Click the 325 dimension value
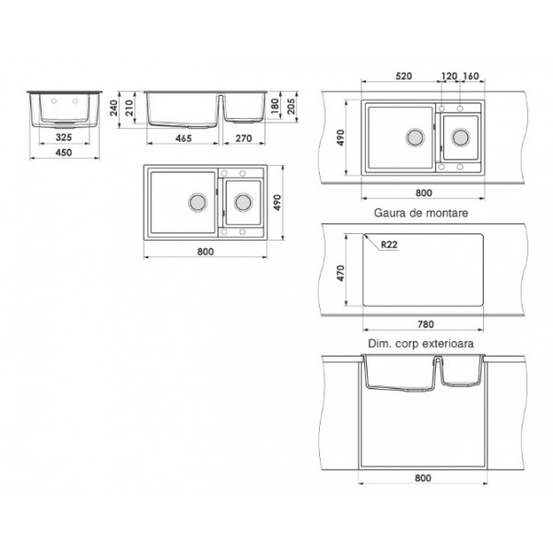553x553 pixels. click(x=64, y=137)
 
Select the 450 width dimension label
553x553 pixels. click(x=64, y=152)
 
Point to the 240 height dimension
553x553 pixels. click(x=113, y=108)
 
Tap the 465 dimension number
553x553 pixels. click(x=183, y=138)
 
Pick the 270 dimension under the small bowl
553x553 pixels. click(x=243, y=138)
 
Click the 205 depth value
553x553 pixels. click(x=291, y=106)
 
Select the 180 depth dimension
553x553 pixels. click(x=276, y=106)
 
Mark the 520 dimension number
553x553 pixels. click(x=404, y=76)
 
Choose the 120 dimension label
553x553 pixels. click(x=450, y=76)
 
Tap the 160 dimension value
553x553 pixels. click(x=471, y=76)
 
